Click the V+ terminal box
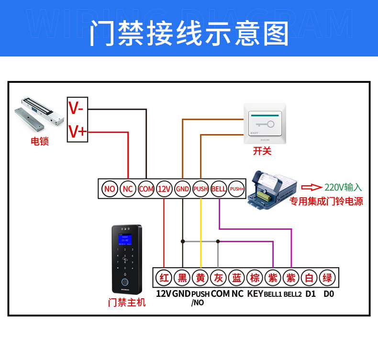coord(77,131)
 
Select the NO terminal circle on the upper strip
coord(110,189)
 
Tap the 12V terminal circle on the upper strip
coord(164,189)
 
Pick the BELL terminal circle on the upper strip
coord(219,189)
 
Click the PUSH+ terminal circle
coord(237,189)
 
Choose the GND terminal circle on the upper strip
coord(182,189)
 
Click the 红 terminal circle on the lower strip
coord(164,278)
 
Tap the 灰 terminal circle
coord(218,278)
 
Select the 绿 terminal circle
coord(327,278)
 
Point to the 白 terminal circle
coord(309,278)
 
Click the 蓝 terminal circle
coord(237,278)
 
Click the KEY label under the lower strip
coord(255,293)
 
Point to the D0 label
coord(328,293)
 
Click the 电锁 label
coord(40,141)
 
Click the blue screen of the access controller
coord(126,239)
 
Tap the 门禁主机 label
coord(127,303)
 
